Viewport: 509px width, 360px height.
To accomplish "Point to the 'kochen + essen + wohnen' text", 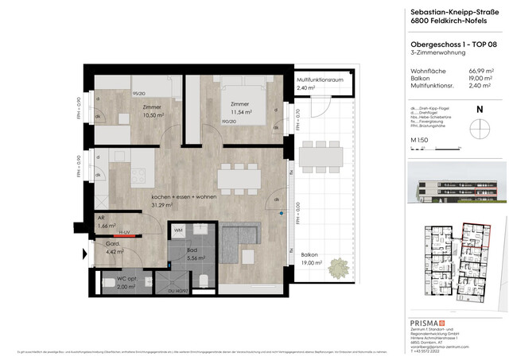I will click(185, 199).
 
